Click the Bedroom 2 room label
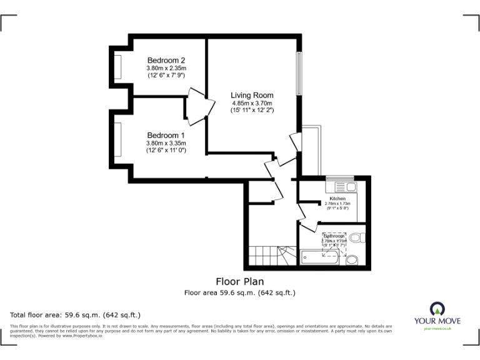coord(166,60)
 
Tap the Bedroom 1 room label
coord(166,135)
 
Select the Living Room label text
coord(252,95)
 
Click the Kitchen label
coord(337,199)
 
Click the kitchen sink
coord(344,187)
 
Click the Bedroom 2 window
coord(117,67)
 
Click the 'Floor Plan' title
coord(240,281)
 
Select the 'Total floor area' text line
coord(76,314)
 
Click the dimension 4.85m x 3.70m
coord(252,103)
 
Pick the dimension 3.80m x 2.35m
coord(166,68)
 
